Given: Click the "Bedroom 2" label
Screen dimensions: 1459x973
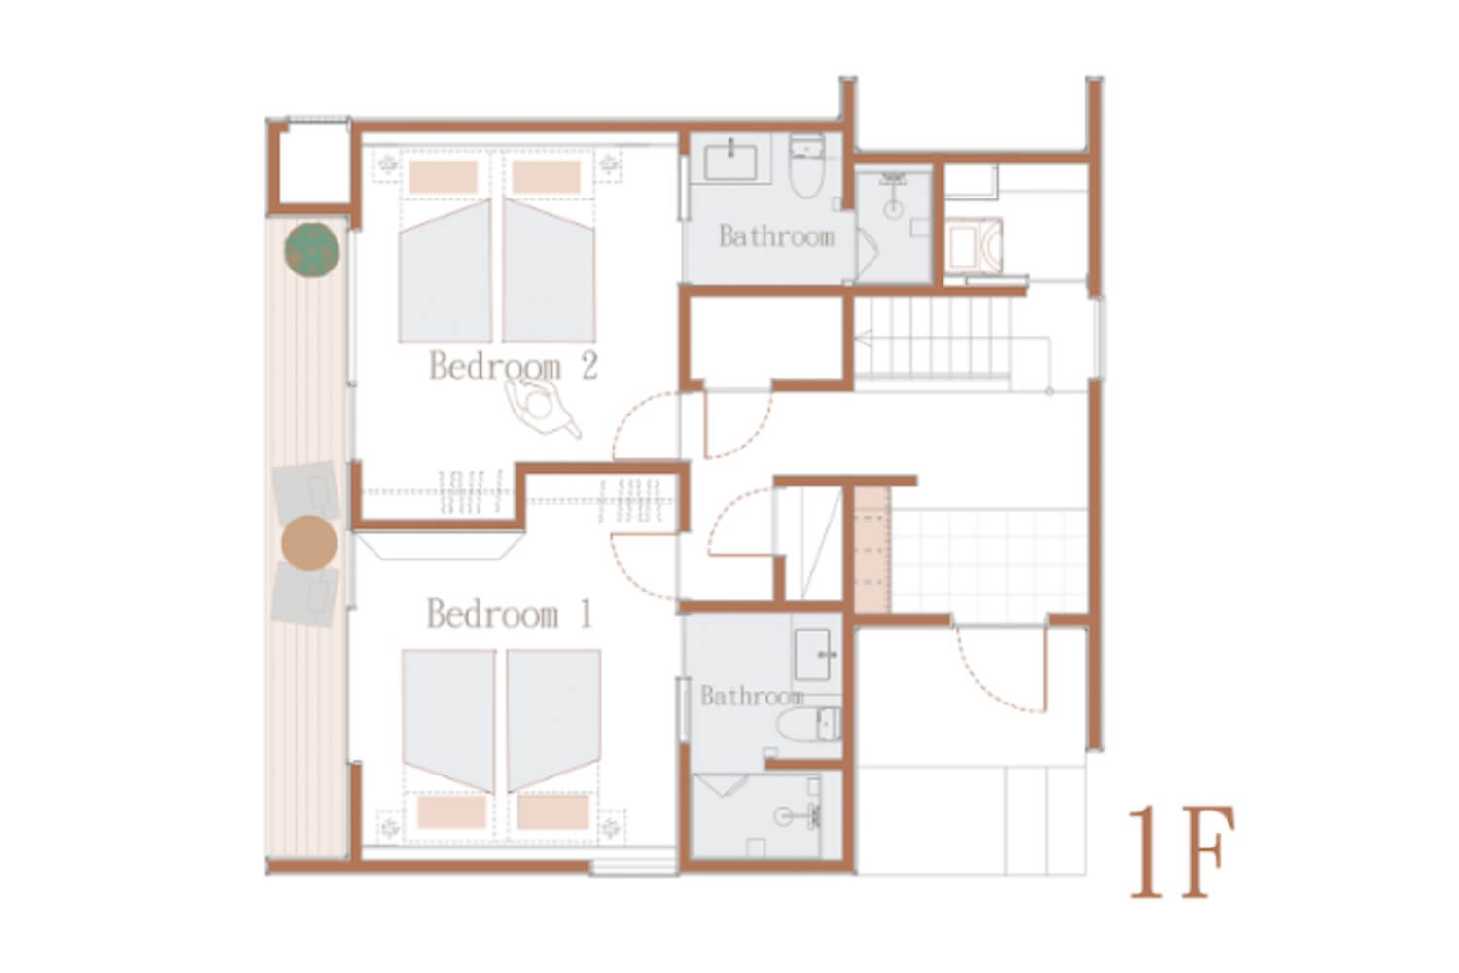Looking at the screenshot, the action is click(x=514, y=366).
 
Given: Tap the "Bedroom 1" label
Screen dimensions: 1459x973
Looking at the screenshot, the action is click(x=510, y=614).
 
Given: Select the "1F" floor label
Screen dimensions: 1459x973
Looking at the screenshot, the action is click(x=1182, y=852).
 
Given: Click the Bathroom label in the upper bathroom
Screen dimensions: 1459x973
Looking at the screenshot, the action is click(x=776, y=236).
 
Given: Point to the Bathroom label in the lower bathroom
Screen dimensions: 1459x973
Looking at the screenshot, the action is click(x=752, y=697).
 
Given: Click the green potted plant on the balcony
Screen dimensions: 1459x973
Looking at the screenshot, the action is click(x=311, y=250).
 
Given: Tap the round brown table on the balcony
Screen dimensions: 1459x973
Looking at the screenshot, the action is click(x=309, y=543).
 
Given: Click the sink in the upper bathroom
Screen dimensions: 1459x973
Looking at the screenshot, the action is click(x=730, y=162).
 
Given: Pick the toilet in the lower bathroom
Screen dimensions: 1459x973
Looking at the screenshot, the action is click(x=807, y=725).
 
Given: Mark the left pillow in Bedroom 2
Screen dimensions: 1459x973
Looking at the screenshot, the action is click(x=444, y=177).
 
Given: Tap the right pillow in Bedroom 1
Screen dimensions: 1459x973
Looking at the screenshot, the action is click(x=553, y=812).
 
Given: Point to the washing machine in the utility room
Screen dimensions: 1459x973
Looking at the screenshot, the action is click(x=974, y=246).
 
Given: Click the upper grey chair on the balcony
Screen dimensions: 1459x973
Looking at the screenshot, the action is click(x=306, y=492).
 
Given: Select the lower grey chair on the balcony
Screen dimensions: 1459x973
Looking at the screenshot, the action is click(x=304, y=595).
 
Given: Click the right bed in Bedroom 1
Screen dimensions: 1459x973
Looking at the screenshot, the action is click(x=553, y=719).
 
